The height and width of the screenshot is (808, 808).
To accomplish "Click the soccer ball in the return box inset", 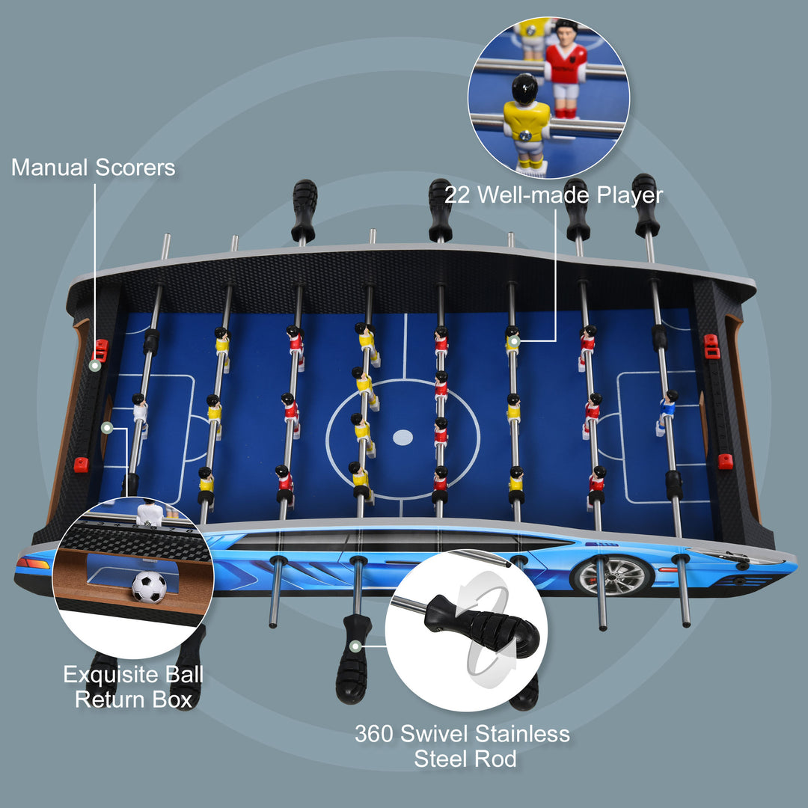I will [149, 587].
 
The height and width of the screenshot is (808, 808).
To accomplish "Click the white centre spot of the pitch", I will [403, 435].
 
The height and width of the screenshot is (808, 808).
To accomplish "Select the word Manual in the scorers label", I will [49, 168].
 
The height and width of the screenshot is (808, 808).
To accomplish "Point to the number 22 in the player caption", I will [459, 195].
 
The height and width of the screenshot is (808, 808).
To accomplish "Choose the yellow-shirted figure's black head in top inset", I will [524, 89].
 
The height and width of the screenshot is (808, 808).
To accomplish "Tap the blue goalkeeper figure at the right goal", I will [667, 408].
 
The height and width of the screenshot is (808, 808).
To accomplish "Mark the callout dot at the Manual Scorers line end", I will [95, 366].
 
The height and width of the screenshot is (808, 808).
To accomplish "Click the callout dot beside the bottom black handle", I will [356, 645].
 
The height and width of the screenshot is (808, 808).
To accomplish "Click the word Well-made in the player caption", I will [535, 195].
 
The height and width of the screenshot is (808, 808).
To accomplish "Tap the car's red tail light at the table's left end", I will [32, 563].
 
